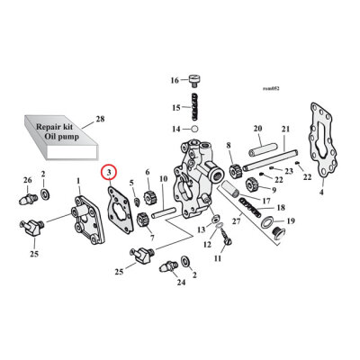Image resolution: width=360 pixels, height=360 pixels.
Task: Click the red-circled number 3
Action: point(108,171)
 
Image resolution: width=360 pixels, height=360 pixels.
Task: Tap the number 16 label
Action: point(175,80)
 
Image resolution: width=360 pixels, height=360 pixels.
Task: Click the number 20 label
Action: point(256,127)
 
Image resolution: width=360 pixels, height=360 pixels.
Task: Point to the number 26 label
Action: point(27,179)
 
